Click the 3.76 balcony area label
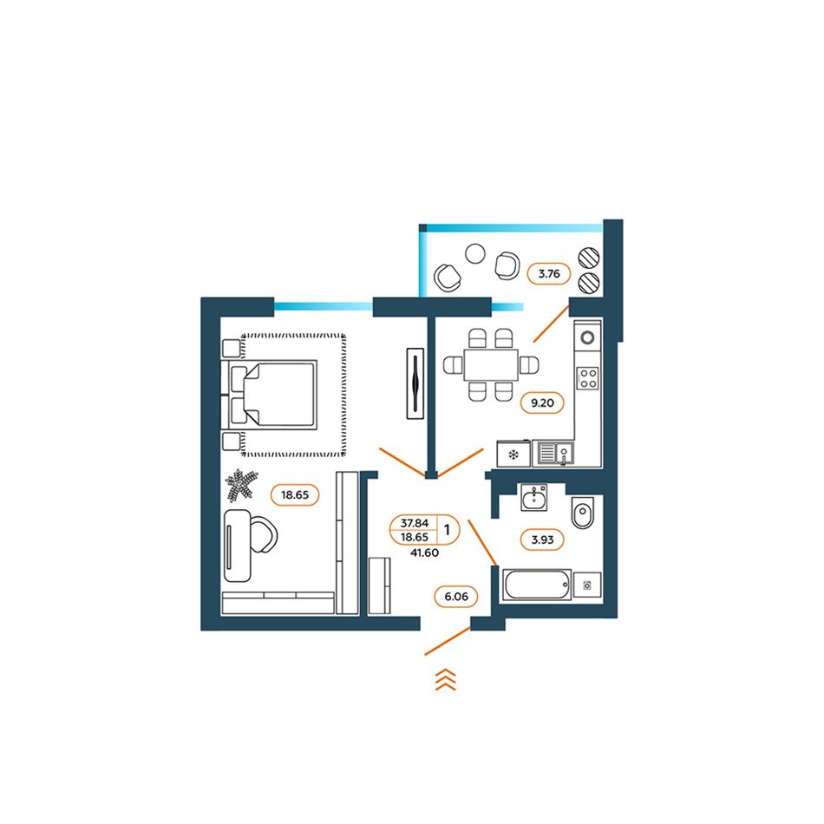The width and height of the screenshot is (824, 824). coord(549,275)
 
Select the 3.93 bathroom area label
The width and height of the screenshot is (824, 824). coord(542,540)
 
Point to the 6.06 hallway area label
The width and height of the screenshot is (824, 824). coord(455,596)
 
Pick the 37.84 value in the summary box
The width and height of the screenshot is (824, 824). coord(415,522)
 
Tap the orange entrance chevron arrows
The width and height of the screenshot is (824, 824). coord(445,680)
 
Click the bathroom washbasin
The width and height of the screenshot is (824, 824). coord(533,500)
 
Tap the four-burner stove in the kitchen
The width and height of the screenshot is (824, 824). coord(588,378)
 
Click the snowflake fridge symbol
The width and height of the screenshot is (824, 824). coord(513,455)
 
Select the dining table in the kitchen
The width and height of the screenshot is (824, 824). coord(489,364)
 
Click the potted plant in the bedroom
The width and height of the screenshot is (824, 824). coord(240,486)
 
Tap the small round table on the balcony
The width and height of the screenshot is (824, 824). coord(474,253)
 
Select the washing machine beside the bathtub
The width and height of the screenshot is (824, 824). coord(587,585)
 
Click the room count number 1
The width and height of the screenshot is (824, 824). coord(448,526)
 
